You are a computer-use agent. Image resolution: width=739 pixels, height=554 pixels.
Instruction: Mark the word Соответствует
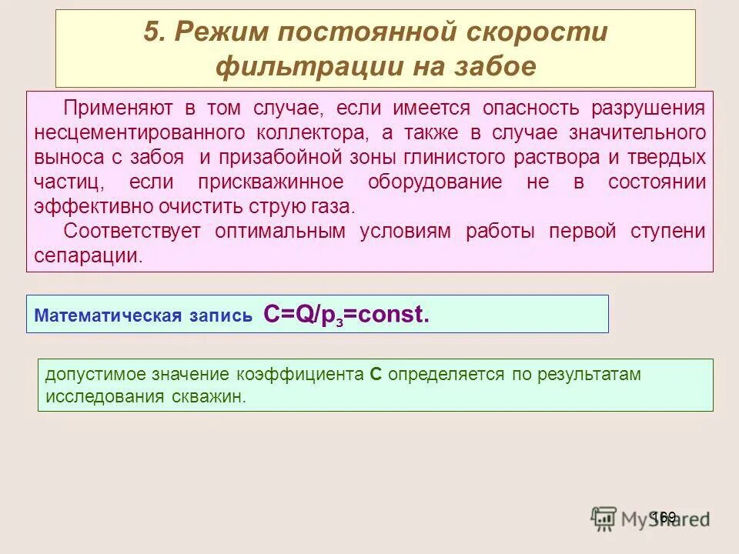[x=132, y=232]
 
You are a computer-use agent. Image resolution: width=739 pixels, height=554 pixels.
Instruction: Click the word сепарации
[x=89, y=256]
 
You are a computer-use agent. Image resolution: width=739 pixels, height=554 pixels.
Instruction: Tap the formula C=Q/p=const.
[x=346, y=314]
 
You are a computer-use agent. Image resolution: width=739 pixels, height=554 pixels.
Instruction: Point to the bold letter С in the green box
[x=376, y=375]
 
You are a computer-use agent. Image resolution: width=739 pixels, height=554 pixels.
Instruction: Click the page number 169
[x=663, y=516]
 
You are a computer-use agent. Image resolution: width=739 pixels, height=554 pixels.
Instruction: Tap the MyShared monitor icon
[x=604, y=518]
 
